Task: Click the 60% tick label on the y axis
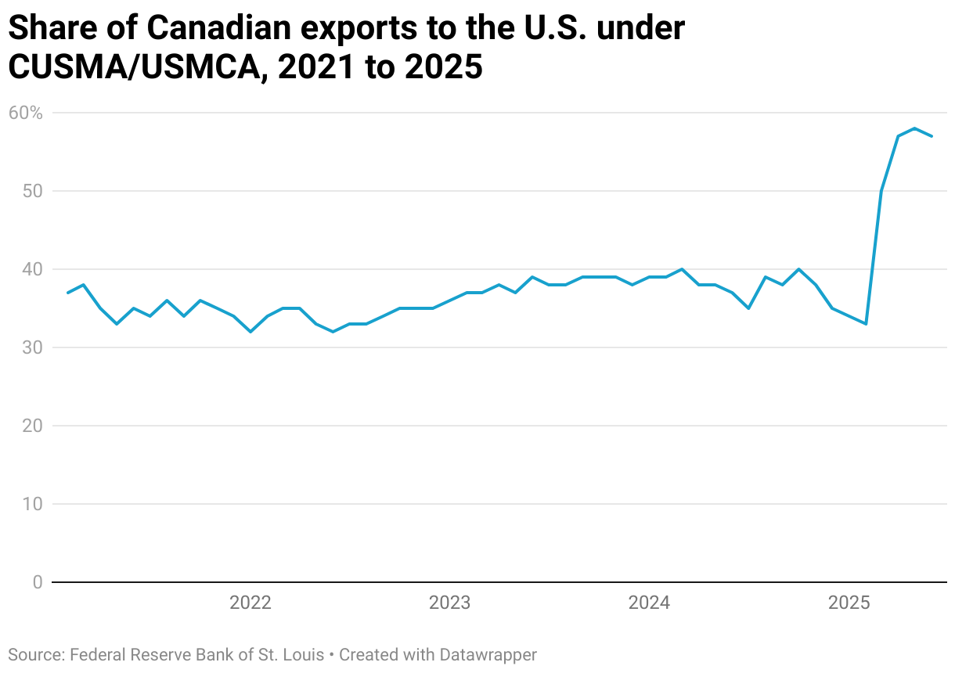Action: [25, 113]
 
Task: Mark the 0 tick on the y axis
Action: [37, 582]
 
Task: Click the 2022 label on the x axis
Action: [250, 603]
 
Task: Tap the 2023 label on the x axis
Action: [449, 603]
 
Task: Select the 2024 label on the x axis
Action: [649, 603]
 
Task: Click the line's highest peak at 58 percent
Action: [914, 128]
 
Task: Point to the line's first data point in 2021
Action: [67, 293]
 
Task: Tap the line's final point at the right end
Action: [931, 136]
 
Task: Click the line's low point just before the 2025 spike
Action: [865, 324]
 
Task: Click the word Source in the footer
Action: [34, 655]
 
